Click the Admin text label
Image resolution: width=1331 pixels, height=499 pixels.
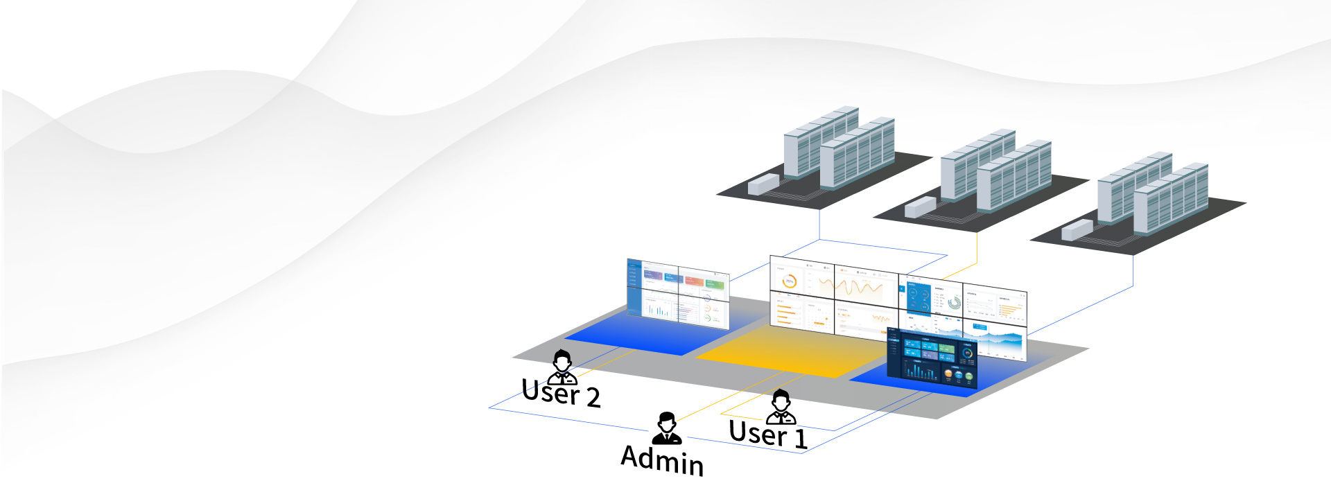(x=662, y=459)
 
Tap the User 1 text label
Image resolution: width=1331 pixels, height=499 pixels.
(x=767, y=435)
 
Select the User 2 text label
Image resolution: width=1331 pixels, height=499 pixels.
(x=560, y=393)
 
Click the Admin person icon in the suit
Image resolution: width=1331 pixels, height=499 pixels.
(x=667, y=428)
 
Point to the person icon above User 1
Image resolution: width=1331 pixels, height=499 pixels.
(x=781, y=406)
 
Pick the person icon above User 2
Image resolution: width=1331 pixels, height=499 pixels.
(x=562, y=367)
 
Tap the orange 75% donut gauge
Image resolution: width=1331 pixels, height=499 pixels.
(x=789, y=281)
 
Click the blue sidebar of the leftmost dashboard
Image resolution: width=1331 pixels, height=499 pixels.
(x=634, y=288)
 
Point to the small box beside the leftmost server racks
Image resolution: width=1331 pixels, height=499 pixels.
(x=763, y=184)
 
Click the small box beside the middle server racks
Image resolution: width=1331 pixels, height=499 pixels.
(x=920, y=207)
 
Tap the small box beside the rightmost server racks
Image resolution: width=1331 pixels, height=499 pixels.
(x=1077, y=229)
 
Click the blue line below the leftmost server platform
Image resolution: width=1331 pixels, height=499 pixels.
(x=819, y=223)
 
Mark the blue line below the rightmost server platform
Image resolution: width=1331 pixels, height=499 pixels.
(x=1133, y=270)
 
